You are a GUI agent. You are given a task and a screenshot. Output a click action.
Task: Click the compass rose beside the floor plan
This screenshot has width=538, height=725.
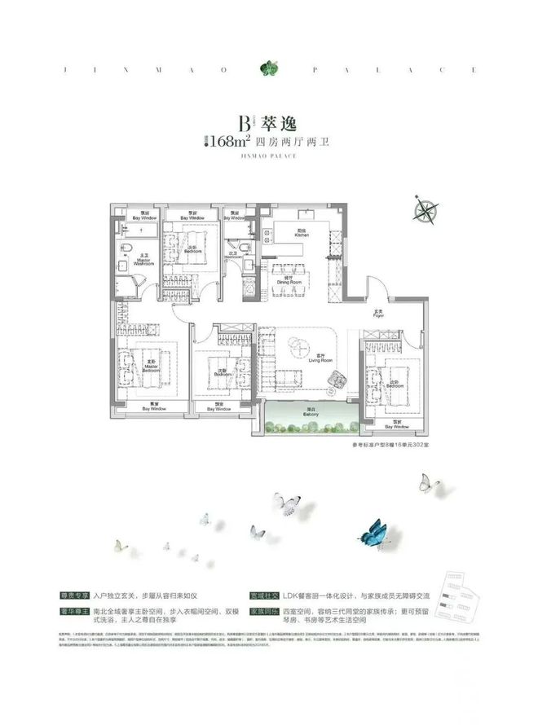(x=426, y=209)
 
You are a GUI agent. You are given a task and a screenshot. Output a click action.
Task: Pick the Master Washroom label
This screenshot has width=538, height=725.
(x=140, y=259)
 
